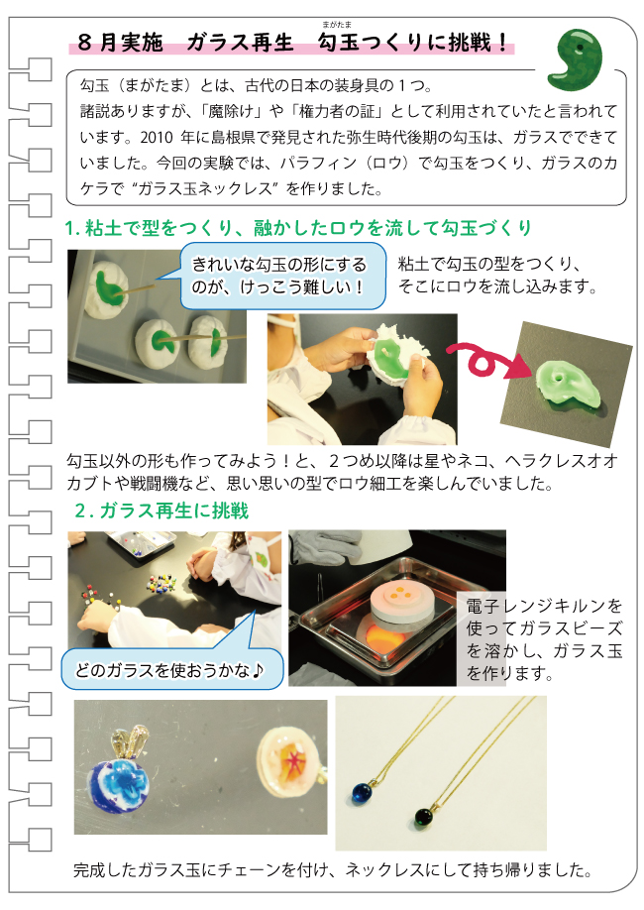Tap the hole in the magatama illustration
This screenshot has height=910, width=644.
[x=580, y=46]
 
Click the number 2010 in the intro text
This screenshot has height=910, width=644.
[x=157, y=138]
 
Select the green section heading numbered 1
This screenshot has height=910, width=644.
[x=298, y=228]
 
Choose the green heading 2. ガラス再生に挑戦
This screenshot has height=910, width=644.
[x=161, y=511]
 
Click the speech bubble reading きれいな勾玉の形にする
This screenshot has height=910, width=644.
[x=282, y=276]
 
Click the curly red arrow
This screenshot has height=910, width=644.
[x=488, y=360]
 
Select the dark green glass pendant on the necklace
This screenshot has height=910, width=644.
[x=424, y=817]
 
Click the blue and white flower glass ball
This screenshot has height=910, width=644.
[x=120, y=783]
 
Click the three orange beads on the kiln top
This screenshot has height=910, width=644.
[x=398, y=594]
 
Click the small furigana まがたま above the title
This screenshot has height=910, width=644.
[x=337, y=25]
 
